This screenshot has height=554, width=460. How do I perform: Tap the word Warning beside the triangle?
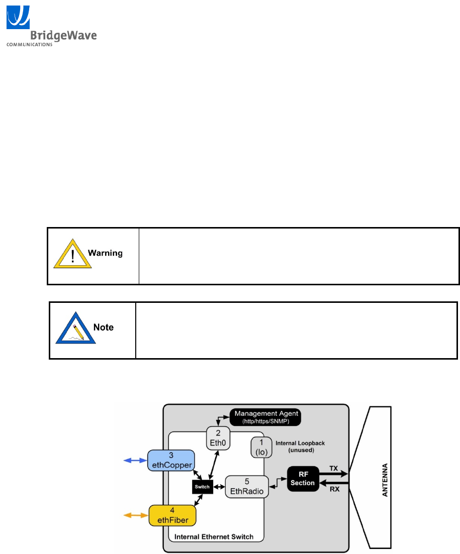point(106,253)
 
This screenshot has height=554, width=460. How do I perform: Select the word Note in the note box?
point(104,327)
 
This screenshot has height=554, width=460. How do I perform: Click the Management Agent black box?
point(265,416)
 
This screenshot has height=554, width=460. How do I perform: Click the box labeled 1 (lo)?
point(261,447)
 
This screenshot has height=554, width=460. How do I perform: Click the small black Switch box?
point(203,487)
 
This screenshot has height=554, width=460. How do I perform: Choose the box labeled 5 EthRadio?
point(246,487)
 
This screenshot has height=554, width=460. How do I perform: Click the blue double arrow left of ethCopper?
point(135,461)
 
